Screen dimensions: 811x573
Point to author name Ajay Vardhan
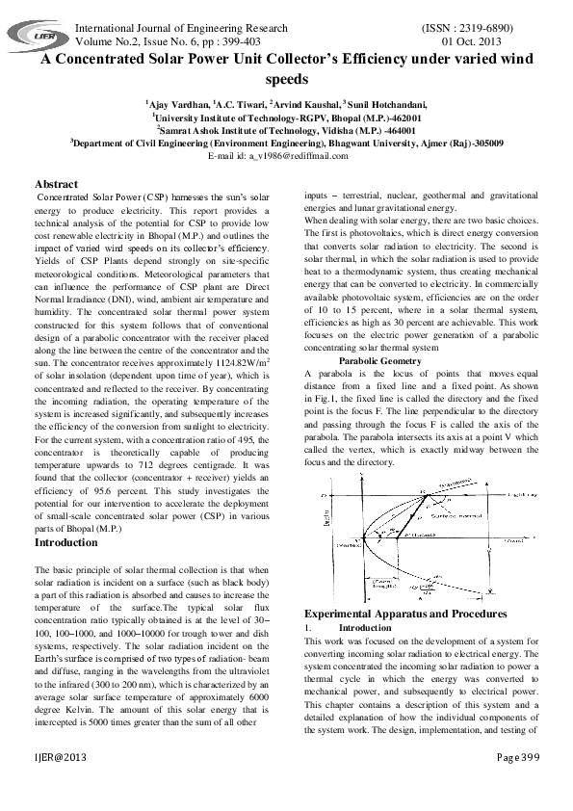point(176,104)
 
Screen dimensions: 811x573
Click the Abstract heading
point(57,183)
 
